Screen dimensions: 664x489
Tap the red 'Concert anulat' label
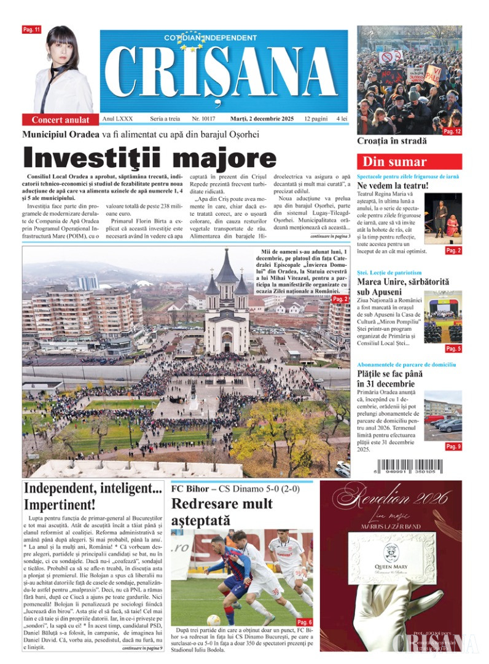pyautogui.click(x=60, y=120)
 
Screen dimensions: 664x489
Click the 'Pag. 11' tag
pyautogui.click(x=31, y=30)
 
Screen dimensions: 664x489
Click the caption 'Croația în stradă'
pyautogui.click(x=391, y=141)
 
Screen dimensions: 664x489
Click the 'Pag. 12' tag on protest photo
pyautogui.click(x=452, y=131)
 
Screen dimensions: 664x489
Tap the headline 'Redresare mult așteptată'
pyautogui.click(x=222, y=512)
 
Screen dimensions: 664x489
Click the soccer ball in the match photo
pyautogui.click(x=214, y=620)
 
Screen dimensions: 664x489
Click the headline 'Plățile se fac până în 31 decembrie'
pyautogui.click(x=387, y=379)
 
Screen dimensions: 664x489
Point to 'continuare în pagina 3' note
pyautogui.click(x=330, y=236)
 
